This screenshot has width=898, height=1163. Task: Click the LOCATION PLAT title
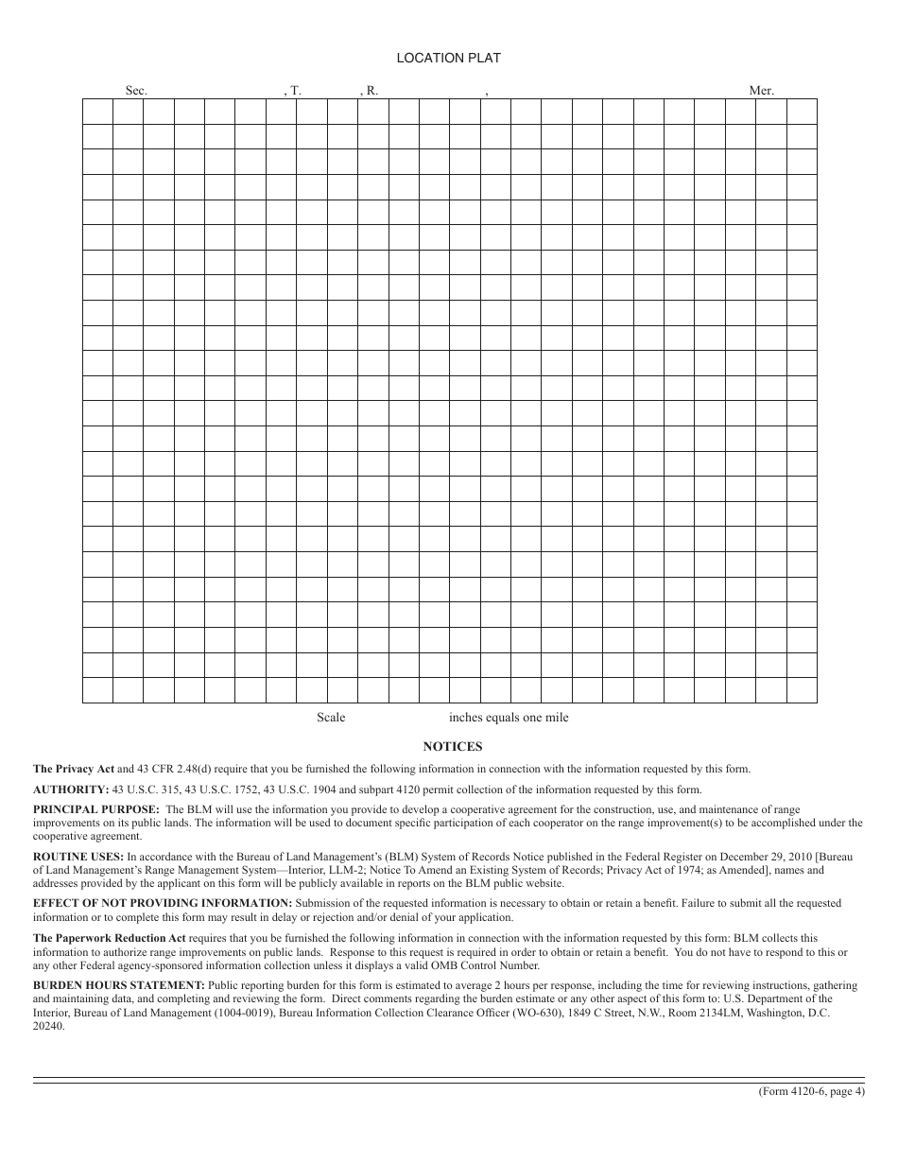(448, 58)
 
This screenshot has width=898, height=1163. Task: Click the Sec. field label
(136, 91)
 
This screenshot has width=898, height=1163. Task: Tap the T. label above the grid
(294, 91)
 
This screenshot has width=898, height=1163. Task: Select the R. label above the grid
(371, 91)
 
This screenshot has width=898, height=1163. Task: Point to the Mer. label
(761, 91)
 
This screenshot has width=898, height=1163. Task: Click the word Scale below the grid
(331, 718)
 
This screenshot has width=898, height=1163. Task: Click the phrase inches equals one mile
(509, 718)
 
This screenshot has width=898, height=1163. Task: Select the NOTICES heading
(453, 746)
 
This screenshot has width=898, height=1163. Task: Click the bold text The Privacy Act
(74, 769)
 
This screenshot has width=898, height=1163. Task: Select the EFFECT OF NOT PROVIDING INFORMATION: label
(163, 903)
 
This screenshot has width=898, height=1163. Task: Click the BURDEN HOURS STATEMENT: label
(119, 985)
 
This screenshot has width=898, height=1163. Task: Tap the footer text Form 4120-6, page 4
(811, 1091)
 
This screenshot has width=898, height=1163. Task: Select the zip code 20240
(49, 1027)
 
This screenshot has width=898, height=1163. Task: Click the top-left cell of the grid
(97, 111)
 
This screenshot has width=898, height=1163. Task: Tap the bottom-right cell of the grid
(802, 690)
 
